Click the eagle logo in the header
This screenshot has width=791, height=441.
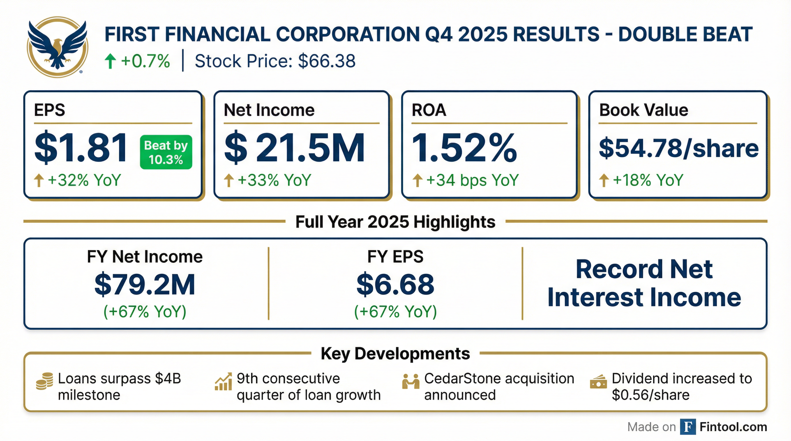coord(57,47)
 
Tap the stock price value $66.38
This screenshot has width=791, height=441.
coord(327,61)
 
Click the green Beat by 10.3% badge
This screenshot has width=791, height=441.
coord(166,152)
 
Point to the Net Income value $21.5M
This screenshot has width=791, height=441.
coord(295,148)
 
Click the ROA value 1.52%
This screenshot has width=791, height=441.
coord(464,148)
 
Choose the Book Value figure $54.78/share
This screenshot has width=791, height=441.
coord(679,148)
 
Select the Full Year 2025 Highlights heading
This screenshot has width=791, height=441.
coord(395,222)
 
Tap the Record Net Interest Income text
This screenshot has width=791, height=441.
coord(644,283)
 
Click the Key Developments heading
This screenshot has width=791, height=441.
coord(395,354)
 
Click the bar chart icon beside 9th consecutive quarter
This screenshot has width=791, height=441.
coord(223,382)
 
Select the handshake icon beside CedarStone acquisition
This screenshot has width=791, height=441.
coord(410,382)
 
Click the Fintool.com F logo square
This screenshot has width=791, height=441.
coord(688,427)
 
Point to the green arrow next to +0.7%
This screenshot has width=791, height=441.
coord(110,61)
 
